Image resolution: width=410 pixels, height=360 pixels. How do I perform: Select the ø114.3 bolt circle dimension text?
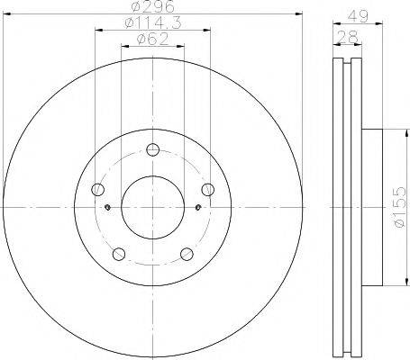(x=153, y=22)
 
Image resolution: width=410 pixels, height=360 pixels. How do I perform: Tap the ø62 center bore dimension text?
(x=152, y=40)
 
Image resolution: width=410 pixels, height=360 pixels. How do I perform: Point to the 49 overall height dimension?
(x=358, y=16)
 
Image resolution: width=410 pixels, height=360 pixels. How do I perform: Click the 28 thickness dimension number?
(x=348, y=37)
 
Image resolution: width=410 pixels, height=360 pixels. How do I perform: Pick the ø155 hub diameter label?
(x=400, y=207)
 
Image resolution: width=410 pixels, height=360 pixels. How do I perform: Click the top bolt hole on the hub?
(x=153, y=149)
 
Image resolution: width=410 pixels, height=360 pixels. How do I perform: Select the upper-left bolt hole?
(x=97, y=190)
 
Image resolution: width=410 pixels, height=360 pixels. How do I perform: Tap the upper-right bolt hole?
(x=208, y=190)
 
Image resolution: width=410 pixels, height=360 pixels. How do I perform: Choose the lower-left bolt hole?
(x=119, y=254)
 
